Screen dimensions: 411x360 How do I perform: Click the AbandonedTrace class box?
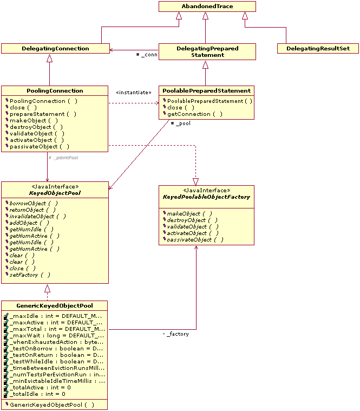207,6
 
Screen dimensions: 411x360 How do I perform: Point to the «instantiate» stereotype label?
134,92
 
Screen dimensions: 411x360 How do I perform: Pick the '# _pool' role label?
180,123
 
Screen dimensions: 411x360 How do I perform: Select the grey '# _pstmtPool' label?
63,158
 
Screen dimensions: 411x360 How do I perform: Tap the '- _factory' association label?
176,334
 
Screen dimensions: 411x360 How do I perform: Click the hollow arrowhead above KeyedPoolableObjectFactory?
195,181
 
